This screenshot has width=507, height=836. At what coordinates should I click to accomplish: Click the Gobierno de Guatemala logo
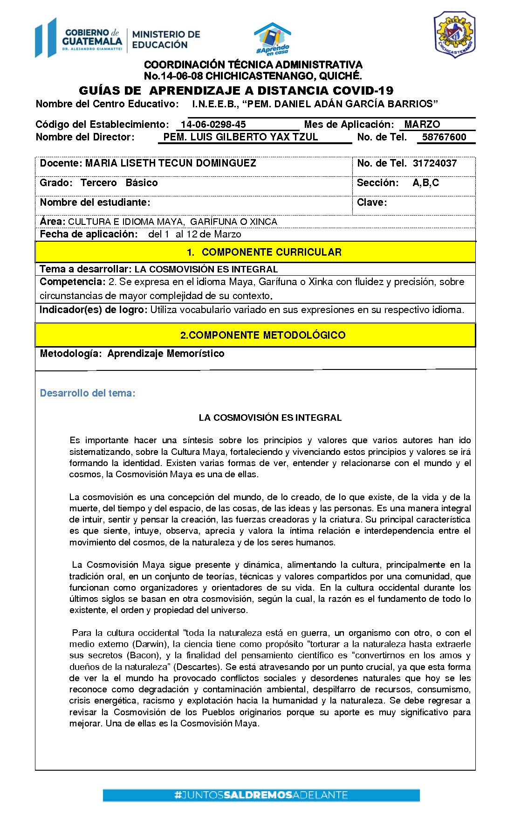pyautogui.click(x=79, y=38)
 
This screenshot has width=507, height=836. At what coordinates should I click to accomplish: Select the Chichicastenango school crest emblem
pyautogui.click(x=454, y=35)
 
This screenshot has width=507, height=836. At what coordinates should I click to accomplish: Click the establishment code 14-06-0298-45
pyautogui.click(x=213, y=125)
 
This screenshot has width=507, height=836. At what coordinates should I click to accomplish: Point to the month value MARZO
pyautogui.click(x=422, y=125)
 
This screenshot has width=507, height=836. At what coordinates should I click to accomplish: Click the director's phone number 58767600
pyautogui.click(x=444, y=137)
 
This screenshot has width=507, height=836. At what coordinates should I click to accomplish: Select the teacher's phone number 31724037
pyautogui.click(x=435, y=163)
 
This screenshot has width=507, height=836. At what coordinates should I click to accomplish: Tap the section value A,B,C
pyautogui.click(x=426, y=183)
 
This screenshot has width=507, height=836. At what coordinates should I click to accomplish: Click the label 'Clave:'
pyautogui.click(x=372, y=202)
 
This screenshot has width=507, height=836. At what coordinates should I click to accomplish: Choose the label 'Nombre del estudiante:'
pyautogui.click(x=95, y=202)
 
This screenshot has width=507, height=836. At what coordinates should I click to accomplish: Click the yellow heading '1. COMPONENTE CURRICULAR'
pyautogui.click(x=264, y=252)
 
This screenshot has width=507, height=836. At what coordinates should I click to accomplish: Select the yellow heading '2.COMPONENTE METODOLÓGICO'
pyautogui.click(x=263, y=335)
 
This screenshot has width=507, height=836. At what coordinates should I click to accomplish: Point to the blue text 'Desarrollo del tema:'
pyautogui.click(x=88, y=393)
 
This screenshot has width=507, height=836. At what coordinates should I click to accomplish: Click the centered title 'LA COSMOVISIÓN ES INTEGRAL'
pyautogui.click(x=270, y=418)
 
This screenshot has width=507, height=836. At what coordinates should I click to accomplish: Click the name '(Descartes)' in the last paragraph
pyautogui.click(x=198, y=667)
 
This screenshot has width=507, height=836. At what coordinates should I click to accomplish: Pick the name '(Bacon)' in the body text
pyautogui.click(x=143, y=655)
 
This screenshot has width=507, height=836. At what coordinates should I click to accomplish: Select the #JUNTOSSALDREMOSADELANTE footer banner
pyautogui.click(x=261, y=795)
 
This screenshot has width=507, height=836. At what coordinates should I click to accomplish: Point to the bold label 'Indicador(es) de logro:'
pyautogui.click(x=93, y=310)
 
